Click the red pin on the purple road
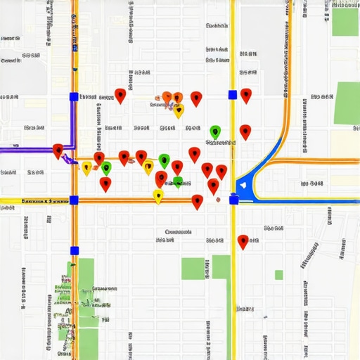point(58,150)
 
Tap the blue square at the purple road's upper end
point(74,96)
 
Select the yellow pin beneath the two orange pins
point(179,110)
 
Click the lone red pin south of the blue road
point(243,241)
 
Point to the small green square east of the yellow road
point(279,275)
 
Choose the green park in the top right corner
point(345,22)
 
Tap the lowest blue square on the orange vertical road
point(74,250)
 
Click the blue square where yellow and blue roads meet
point(233,200)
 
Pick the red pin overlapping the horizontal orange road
point(198,201)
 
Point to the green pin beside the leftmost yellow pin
point(106,167)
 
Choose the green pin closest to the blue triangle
point(215,131)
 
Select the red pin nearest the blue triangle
point(221,172)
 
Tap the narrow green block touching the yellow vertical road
point(221,267)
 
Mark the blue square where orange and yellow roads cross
point(74,200)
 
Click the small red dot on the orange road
point(217,200)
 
